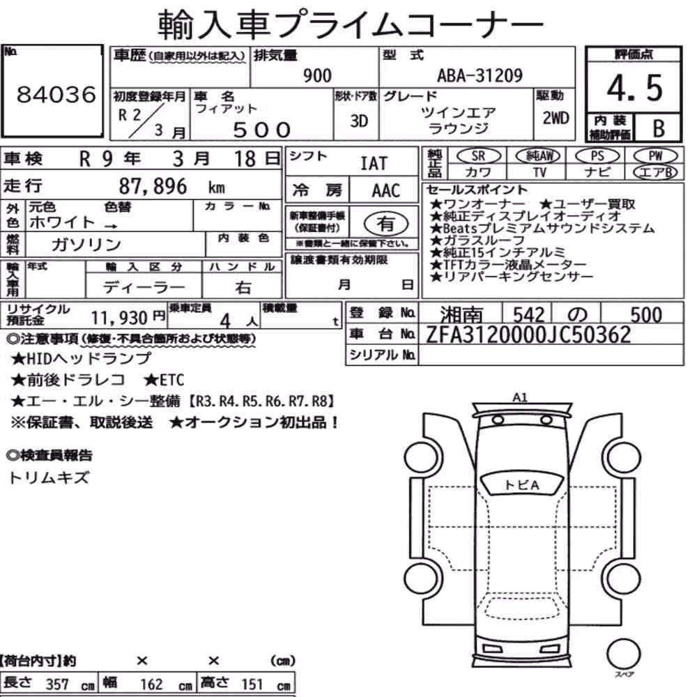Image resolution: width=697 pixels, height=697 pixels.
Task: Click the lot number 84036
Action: (56, 94)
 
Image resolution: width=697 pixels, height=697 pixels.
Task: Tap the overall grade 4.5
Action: (634, 88)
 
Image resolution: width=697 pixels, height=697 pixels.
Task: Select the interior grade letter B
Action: (659, 128)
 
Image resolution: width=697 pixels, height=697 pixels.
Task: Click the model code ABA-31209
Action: (480, 75)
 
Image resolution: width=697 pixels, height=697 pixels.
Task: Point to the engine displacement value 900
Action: (317, 75)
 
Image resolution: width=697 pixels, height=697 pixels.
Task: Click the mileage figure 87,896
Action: (153, 186)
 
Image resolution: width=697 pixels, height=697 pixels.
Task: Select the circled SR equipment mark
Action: (478, 155)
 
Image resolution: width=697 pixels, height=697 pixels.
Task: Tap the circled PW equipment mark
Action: (656, 155)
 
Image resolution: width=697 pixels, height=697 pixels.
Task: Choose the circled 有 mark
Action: (386, 224)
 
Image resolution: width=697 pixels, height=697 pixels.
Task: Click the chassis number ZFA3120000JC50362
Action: (528, 335)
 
